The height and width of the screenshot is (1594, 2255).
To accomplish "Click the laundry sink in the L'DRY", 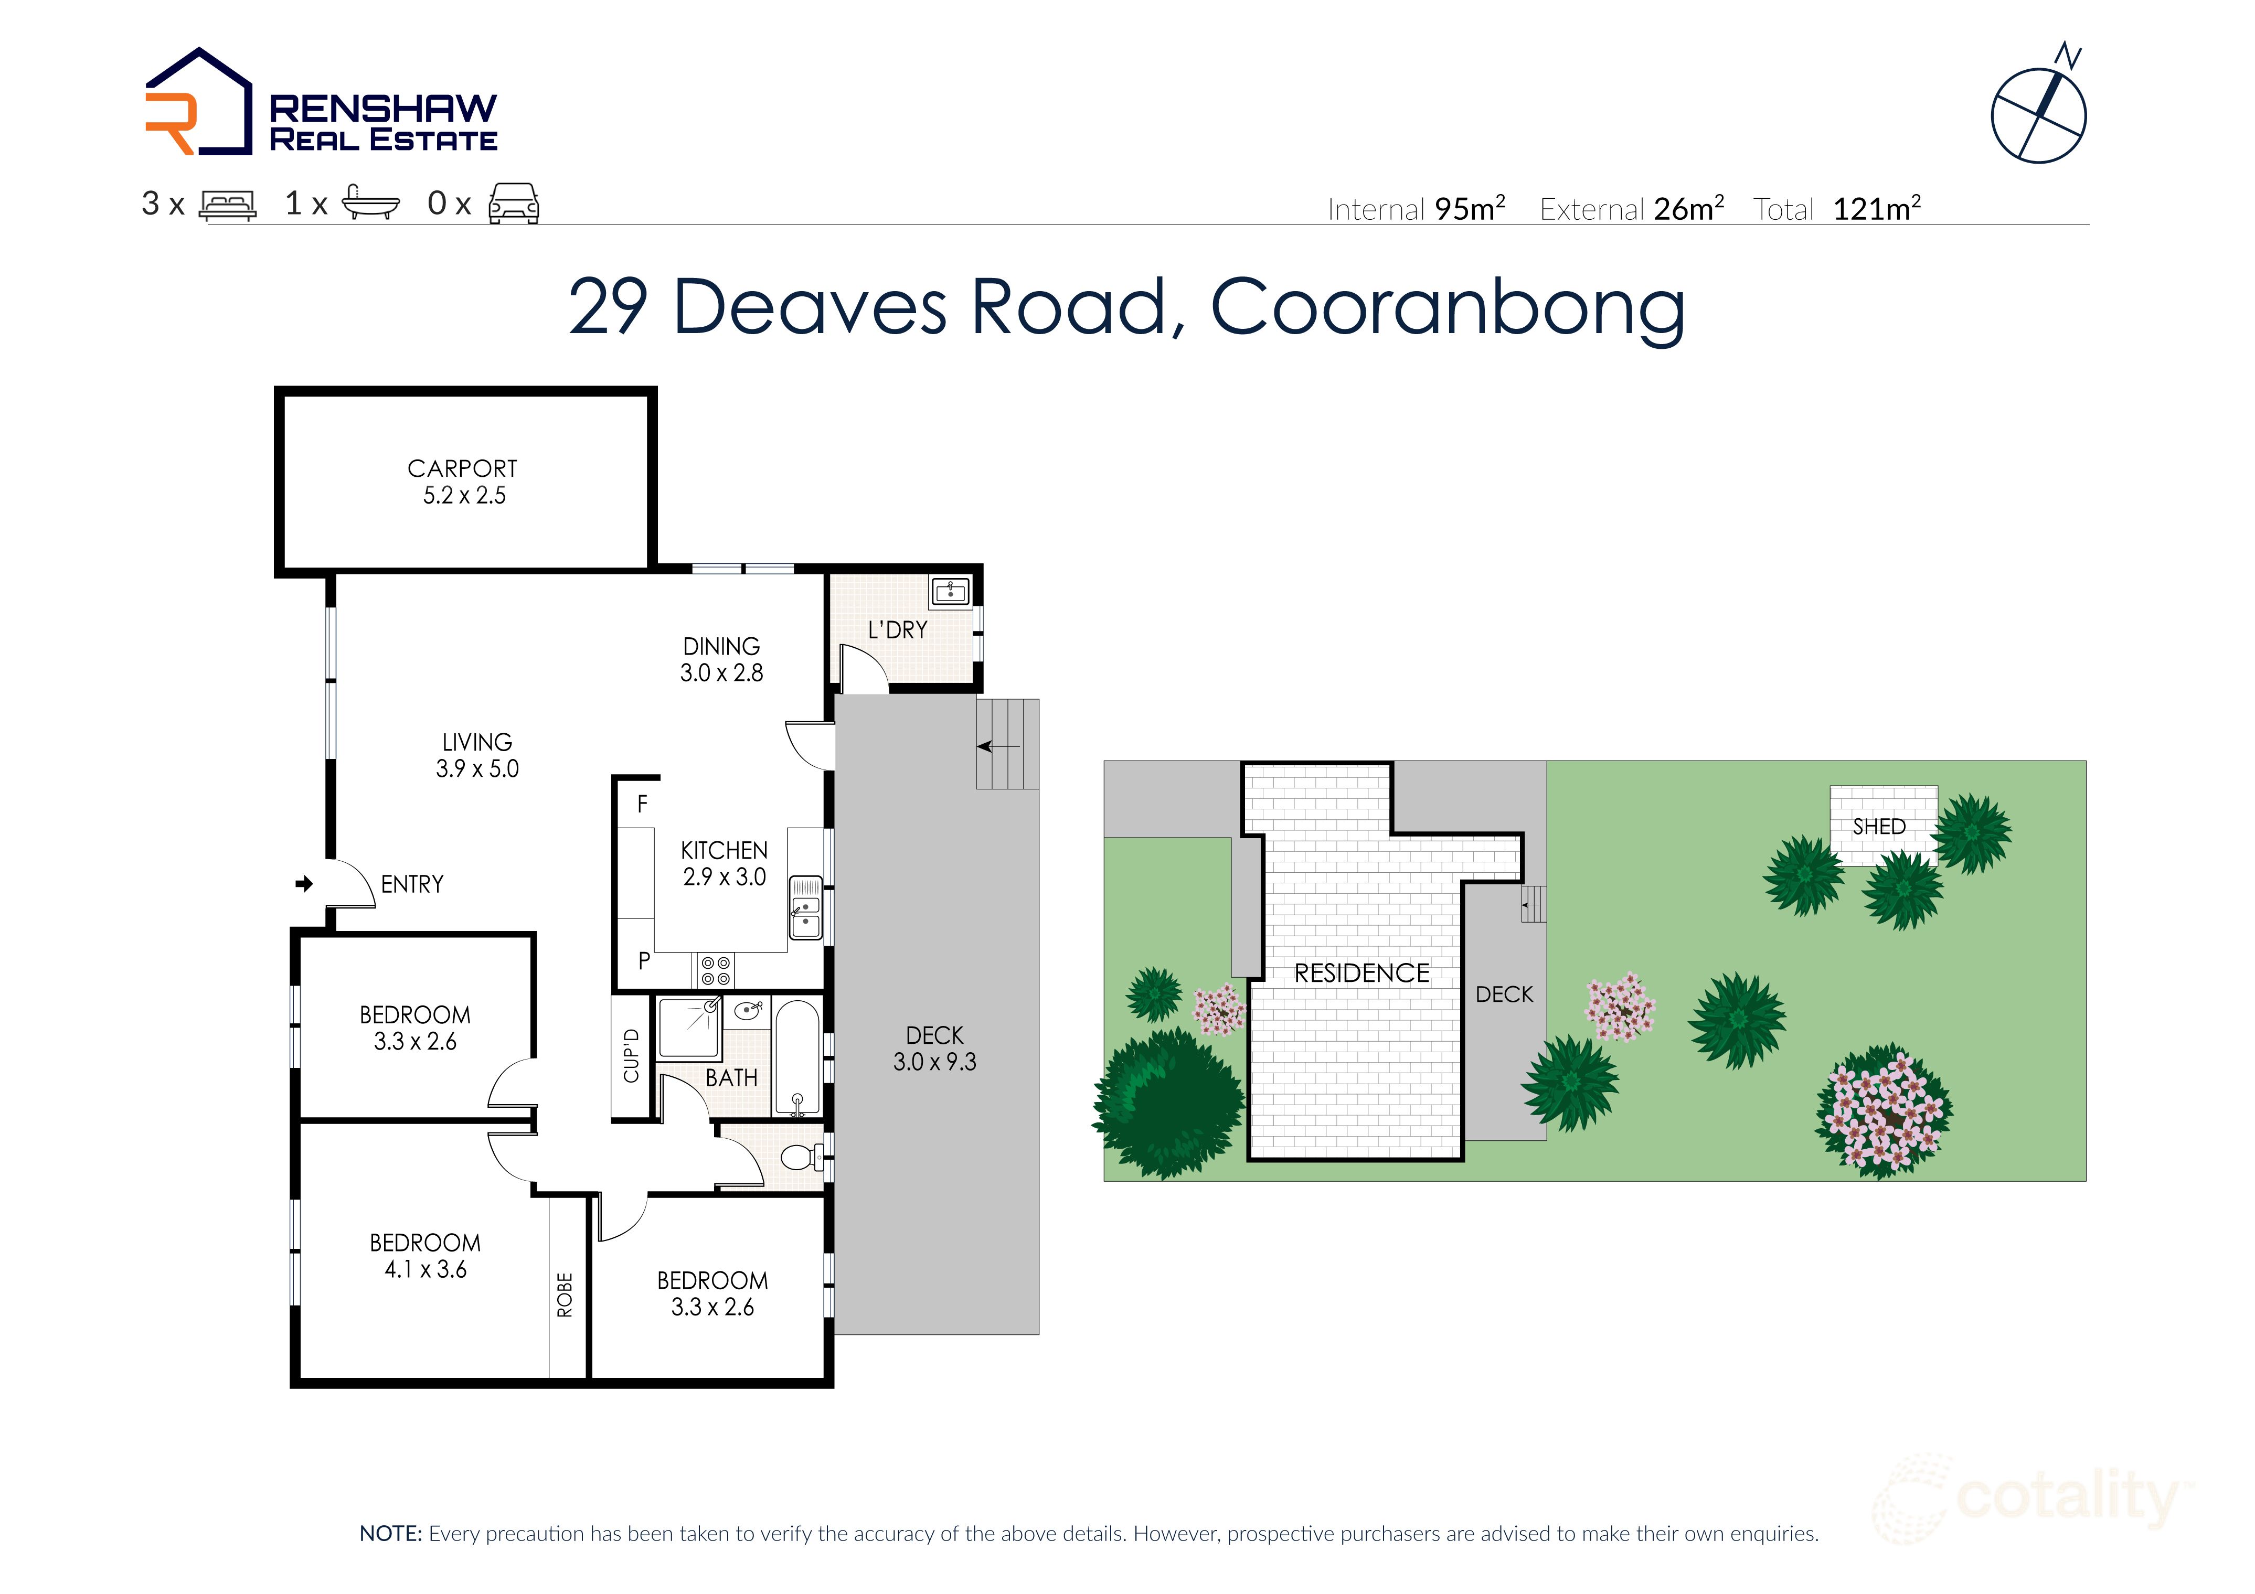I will (950, 591).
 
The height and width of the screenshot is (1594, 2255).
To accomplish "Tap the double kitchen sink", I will (805, 907).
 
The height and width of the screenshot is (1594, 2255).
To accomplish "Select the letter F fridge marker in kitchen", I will (642, 805).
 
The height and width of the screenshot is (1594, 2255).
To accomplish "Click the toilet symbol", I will (801, 1157).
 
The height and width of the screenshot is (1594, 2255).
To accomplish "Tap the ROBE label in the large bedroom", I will (565, 1295).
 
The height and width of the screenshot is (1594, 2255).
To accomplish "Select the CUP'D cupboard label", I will (632, 1056).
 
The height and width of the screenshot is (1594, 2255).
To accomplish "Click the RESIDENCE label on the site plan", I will (1361, 973).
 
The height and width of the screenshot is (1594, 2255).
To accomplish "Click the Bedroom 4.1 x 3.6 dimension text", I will (426, 1269).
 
